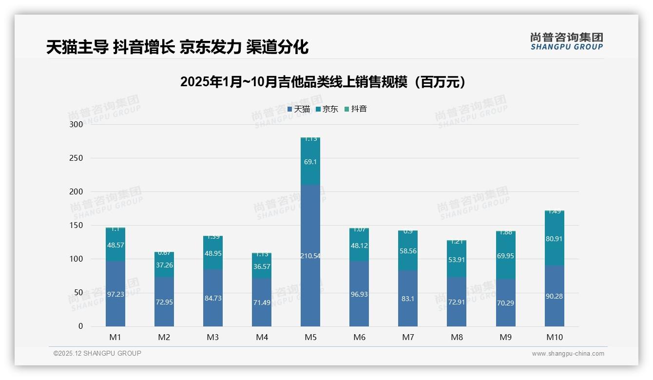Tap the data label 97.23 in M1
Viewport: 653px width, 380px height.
click(115, 294)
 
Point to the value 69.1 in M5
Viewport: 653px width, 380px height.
click(310, 161)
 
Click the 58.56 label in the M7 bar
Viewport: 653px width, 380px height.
click(408, 251)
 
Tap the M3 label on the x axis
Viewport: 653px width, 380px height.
click(213, 337)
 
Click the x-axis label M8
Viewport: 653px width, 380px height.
click(457, 337)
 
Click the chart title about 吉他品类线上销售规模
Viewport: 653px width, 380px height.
click(323, 82)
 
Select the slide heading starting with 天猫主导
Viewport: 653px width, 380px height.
click(177, 47)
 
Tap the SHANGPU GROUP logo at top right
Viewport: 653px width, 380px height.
click(566, 41)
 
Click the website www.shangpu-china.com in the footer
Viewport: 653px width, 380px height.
click(568, 354)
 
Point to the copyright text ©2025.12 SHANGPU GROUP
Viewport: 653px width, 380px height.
click(97, 353)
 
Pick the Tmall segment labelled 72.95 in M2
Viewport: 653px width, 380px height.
click(164, 302)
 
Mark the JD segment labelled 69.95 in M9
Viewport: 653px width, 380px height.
click(505, 256)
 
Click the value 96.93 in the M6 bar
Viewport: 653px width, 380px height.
click(359, 294)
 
